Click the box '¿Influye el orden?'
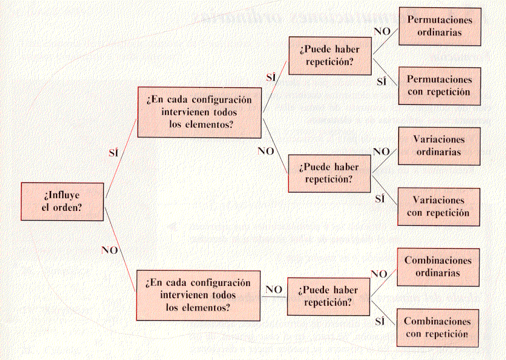pos(62,202)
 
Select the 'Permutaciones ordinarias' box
pos(440,26)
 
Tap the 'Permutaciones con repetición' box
pos(440,86)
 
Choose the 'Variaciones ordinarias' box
pos(439,146)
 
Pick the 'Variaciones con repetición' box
pos(439,207)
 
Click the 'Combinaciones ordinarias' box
pos(438,267)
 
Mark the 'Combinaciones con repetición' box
pos(438,328)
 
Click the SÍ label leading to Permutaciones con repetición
pos(381,81)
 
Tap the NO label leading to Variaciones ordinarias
pos(381,152)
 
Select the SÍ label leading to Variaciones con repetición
pos(380,199)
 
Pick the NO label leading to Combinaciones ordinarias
pos(379,274)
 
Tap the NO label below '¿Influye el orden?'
pos(110,250)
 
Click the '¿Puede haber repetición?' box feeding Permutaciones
pos(330,56)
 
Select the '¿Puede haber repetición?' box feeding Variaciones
pos(329,173)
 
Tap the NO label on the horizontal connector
pos(274,290)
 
